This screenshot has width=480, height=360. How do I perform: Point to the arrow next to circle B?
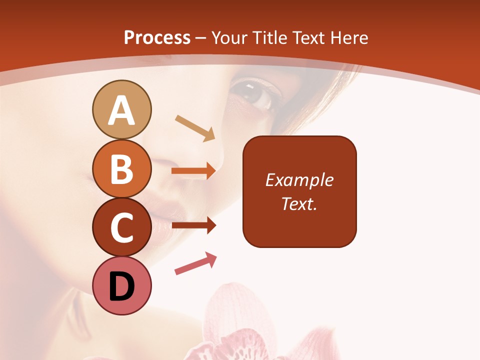click(193, 171)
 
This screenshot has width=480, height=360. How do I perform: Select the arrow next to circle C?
click(193, 226)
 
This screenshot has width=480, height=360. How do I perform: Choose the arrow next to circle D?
click(195, 263)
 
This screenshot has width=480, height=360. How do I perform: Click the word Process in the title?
click(157, 38)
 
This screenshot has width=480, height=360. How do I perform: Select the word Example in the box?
click(299, 180)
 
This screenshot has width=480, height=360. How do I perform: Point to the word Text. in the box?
click(299, 203)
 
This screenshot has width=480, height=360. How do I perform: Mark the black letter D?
click(122, 287)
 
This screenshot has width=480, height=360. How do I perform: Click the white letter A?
click(122, 110)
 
